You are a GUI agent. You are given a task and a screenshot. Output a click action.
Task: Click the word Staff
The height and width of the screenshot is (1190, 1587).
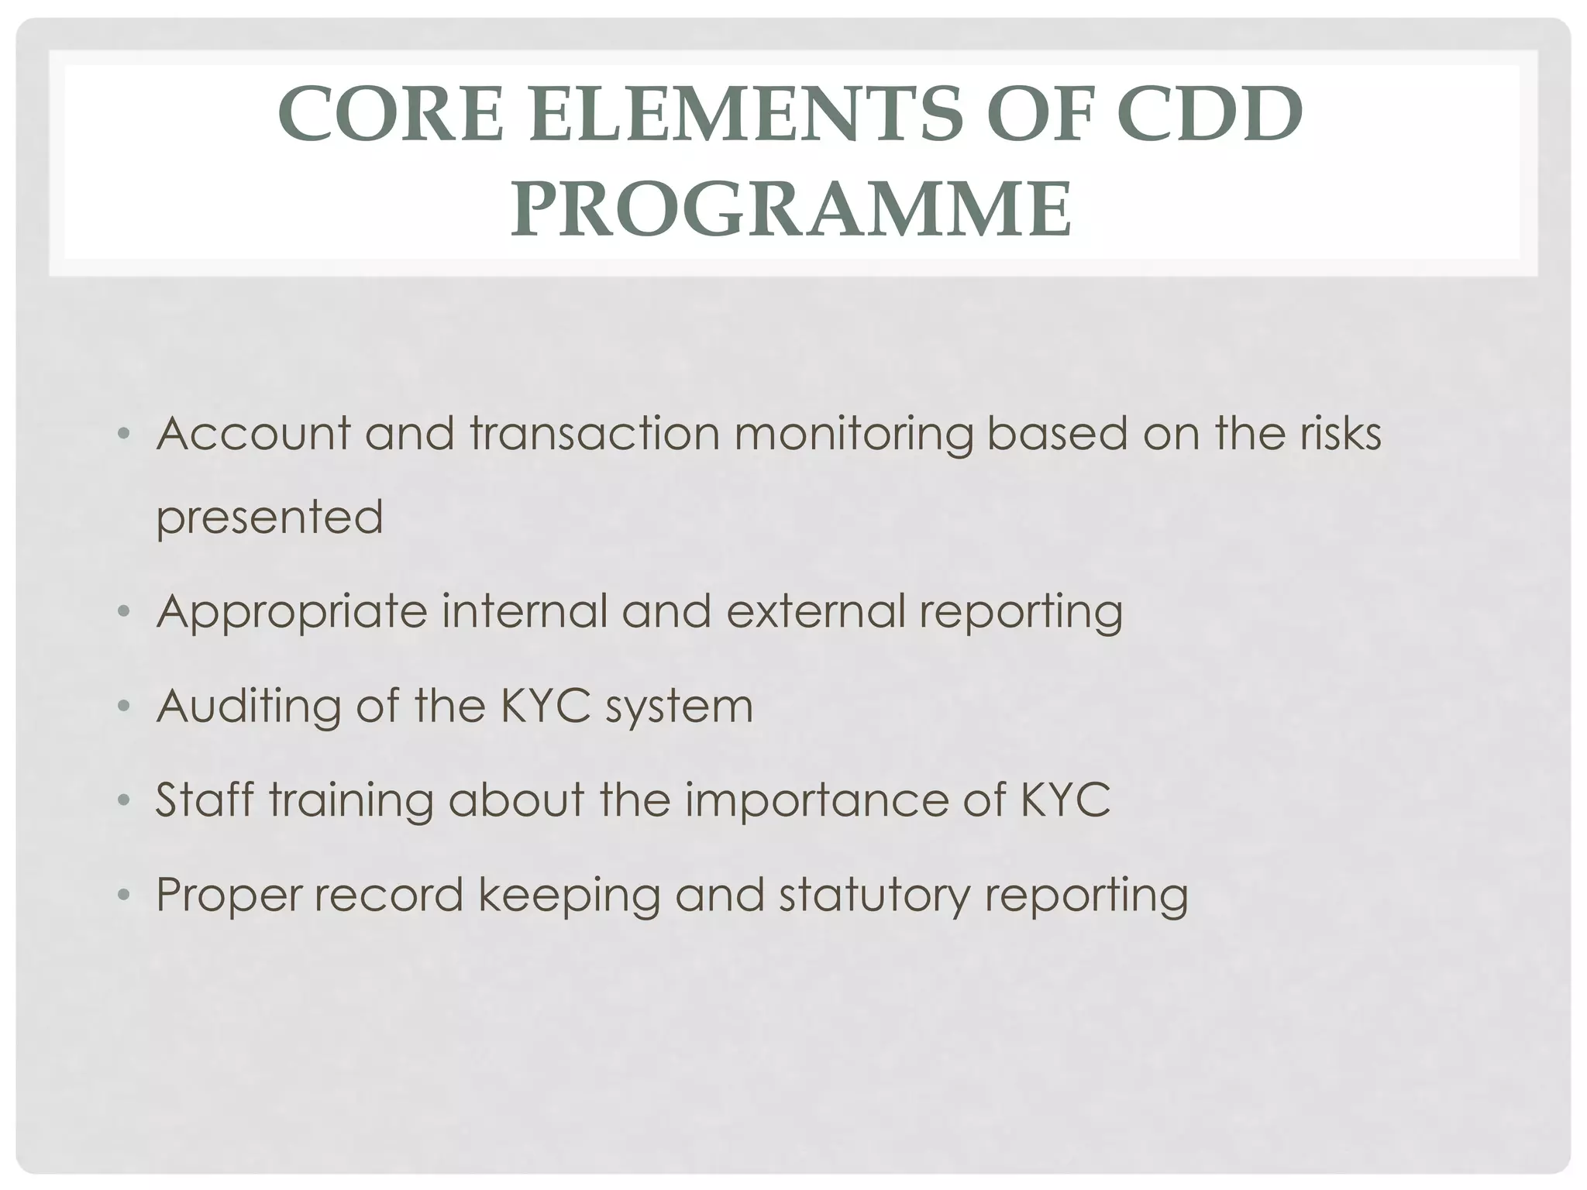205,800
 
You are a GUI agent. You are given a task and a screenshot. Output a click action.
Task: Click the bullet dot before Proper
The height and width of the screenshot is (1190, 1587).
122,896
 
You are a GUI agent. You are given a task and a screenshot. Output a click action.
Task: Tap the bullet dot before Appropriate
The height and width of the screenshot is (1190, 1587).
122,612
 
